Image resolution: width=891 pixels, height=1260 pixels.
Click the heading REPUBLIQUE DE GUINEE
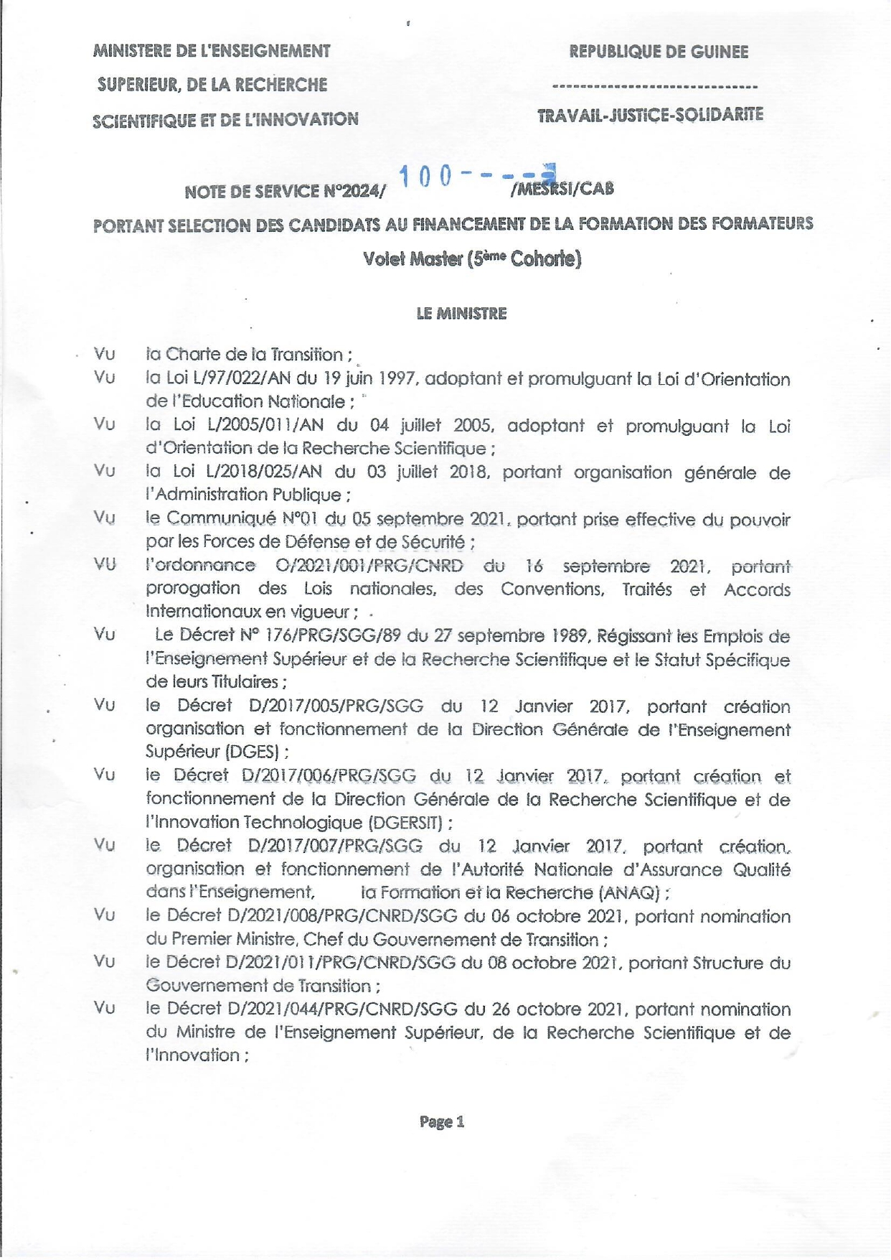(x=658, y=52)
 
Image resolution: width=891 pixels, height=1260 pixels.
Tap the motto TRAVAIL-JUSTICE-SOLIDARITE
(x=650, y=116)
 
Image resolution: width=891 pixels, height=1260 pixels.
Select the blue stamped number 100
(x=425, y=175)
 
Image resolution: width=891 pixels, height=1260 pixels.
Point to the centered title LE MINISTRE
(x=461, y=314)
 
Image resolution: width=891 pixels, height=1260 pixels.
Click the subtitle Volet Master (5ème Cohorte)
(x=471, y=258)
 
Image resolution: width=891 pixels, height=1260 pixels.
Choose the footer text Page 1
(x=442, y=1121)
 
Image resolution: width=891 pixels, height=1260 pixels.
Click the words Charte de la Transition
(x=255, y=355)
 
